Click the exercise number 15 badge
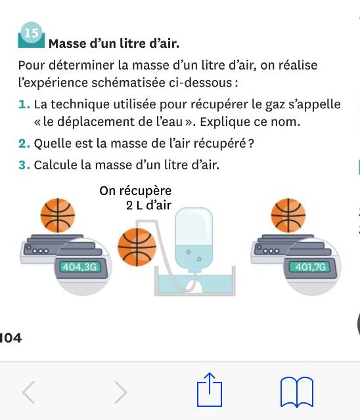pyautogui.click(x=32, y=35)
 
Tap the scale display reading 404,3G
pyautogui.click(x=80, y=267)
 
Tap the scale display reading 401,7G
pyautogui.click(x=310, y=267)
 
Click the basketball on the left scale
pyautogui.click(x=58, y=215)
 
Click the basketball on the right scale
pyautogui.click(x=288, y=215)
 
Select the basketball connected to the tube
pyautogui.click(x=137, y=247)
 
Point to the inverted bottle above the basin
pyautogui.click(x=194, y=240)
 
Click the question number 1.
pyautogui.click(x=24, y=104)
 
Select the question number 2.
pyautogui.click(x=24, y=144)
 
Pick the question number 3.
pyautogui.click(x=24, y=165)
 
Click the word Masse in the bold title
pyautogui.click(x=67, y=44)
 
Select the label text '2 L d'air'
pyautogui.click(x=148, y=205)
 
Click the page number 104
pyautogui.click(x=11, y=338)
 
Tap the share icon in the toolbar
pyautogui.click(x=210, y=390)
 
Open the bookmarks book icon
pyautogui.click(x=297, y=392)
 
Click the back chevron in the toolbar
pyautogui.click(x=28, y=392)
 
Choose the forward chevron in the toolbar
pyautogui.click(x=121, y=392)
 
